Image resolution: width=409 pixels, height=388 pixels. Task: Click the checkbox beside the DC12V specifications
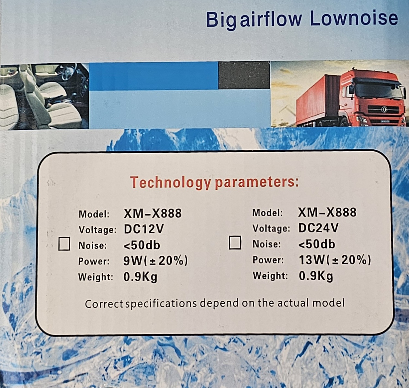tap(64, 244)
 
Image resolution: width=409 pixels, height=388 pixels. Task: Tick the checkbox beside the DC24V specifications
tap(235, 242)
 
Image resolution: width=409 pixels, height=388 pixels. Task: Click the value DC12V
tap(144, 229)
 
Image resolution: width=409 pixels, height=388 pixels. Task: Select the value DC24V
tap(318, 228)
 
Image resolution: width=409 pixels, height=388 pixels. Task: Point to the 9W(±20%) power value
tap(155, 261)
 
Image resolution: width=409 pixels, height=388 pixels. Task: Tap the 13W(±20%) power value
tap(335, 260)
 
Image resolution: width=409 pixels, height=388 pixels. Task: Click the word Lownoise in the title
tap(354, 18)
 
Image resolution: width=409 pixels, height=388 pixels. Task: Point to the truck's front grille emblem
tap(384, 109)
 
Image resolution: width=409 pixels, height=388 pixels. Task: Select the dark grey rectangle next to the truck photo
tap(244, 75)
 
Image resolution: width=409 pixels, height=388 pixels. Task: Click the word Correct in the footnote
tap(104, 304)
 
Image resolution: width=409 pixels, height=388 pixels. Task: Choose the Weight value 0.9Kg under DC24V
tap(316, 276)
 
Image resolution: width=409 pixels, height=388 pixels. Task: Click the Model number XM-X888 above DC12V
tap(153, 213)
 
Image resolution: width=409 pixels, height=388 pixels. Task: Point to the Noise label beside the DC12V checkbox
tap(93, 245)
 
